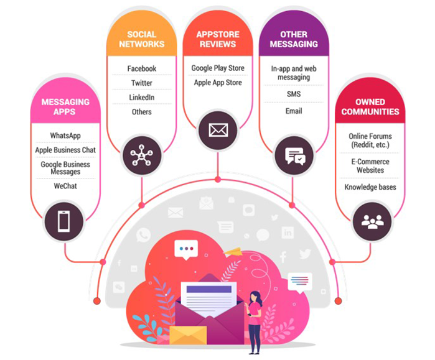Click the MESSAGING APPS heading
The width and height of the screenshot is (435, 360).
65,106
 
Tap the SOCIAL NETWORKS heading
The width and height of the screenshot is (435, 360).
141,39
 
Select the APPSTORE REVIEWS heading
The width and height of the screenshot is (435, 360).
218,39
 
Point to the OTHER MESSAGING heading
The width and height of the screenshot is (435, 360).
293,39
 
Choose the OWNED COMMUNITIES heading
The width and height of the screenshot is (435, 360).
370,106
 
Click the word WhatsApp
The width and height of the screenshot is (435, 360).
65,136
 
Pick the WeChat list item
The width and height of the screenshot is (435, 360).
65,186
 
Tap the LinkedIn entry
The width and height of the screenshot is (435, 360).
141,98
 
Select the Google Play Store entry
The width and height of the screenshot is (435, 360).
218,68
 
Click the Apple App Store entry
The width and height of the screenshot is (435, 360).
218,83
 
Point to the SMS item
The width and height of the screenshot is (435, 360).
293,95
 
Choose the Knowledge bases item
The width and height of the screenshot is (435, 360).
370,187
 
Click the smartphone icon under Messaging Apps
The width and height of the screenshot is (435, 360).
64,221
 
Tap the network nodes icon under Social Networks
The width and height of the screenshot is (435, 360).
142,155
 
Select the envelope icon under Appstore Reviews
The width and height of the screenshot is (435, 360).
218,130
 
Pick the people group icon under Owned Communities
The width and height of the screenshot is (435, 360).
372,221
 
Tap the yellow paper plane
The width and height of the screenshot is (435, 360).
232,251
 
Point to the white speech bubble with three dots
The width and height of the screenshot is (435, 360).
185,249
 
